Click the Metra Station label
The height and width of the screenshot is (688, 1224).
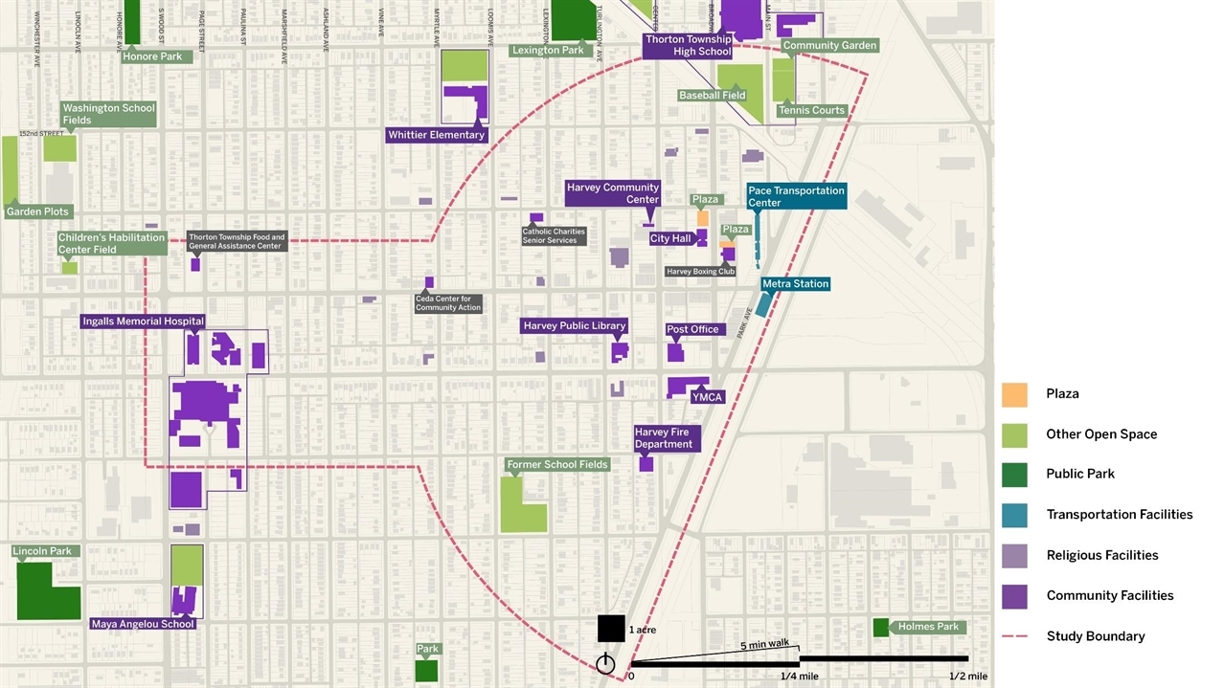[x=795, y=284]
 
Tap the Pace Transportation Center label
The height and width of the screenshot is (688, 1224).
[x=796, y=196]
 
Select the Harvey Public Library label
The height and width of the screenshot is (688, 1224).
[x=574, y=326]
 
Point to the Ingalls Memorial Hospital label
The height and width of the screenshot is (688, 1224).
[x=143, y=322]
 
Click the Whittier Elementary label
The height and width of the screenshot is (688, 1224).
[x=436, y=135]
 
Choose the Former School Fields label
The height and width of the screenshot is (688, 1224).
[x=557, y=464]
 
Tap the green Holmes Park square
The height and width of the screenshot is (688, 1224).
[x=880, y=628]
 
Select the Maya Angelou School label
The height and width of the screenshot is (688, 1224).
[x=143, y=624]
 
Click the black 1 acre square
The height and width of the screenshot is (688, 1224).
[x=611, y=628]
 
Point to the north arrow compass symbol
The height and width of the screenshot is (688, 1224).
[x=604, y=664]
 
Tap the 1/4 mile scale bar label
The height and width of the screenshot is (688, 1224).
[x=799, y=677]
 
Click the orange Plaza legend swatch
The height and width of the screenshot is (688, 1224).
[x=1014, y=394]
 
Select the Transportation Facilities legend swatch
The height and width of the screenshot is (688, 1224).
[x=1014, y=515]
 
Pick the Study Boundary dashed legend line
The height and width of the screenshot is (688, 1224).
[x=1014, y=636]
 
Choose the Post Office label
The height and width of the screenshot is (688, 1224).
[x=692, y=329]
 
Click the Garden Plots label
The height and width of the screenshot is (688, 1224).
[x=39, y=211]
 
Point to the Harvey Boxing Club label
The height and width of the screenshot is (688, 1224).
[x=701, y=272]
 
